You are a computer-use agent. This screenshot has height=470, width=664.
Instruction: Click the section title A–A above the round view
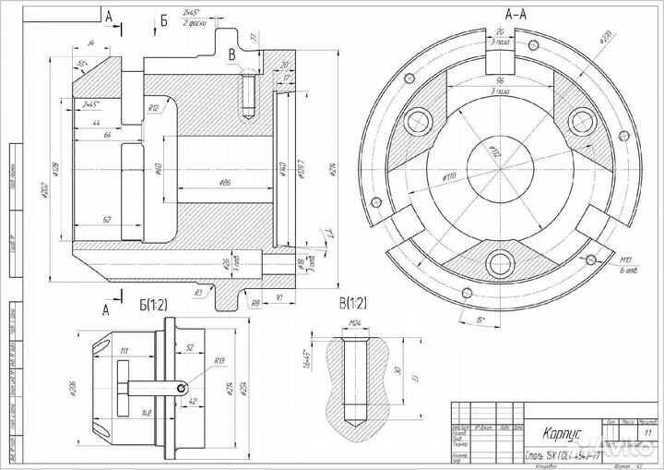(x=516, y=14)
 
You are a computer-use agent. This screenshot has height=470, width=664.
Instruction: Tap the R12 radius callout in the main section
(x=154, y=108)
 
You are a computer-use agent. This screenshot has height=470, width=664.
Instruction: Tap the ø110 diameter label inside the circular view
(x=452, y=175)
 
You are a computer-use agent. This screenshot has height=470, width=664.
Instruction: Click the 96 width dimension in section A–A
(x=498, y=79)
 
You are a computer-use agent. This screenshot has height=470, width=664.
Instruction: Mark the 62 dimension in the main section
(x=107, y=220)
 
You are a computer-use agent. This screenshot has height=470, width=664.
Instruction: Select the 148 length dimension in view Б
(x=146, y=412)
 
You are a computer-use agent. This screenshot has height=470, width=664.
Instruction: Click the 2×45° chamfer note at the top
(x=192, y=14)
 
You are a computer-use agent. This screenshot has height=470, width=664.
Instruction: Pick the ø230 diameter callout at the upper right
(x=605, y=41)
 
